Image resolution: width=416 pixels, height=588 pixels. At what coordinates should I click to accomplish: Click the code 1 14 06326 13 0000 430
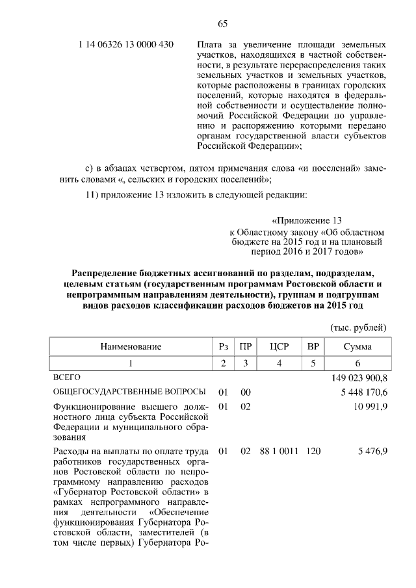tap(125, 45)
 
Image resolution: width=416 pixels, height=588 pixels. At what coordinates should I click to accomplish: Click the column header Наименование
tap(130, 347)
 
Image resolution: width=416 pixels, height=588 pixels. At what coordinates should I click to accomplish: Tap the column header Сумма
tap(357, 347)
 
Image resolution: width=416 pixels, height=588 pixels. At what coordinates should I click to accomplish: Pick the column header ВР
tap(313, 347)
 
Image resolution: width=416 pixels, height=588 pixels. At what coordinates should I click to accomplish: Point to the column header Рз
tap(223, 347)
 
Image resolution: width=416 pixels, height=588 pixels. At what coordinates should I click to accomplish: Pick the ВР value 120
tap(313, 450)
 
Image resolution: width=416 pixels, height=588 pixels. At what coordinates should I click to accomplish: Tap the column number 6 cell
tap(357, 363)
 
